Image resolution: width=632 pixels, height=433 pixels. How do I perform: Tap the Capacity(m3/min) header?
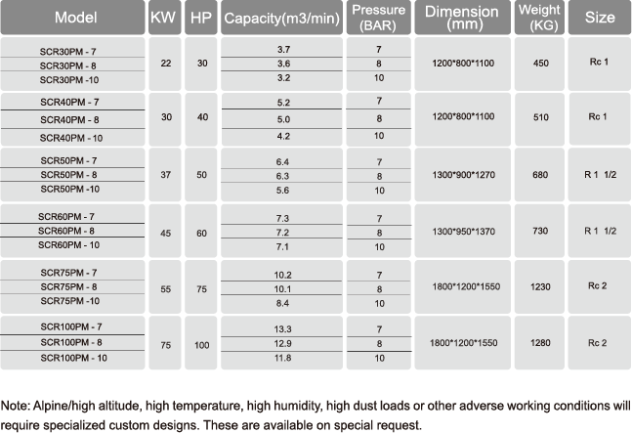point(283,19)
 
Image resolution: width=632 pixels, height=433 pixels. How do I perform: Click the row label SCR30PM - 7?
point(70,48)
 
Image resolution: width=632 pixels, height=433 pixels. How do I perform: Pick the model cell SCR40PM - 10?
point(70,138)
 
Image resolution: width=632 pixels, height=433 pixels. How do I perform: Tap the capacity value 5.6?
point(283,193)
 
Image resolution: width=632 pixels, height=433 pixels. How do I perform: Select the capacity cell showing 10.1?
point(283,289)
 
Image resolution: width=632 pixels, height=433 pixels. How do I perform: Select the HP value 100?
point(201,345)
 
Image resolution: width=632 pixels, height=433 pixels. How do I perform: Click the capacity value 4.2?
point(283,137)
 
